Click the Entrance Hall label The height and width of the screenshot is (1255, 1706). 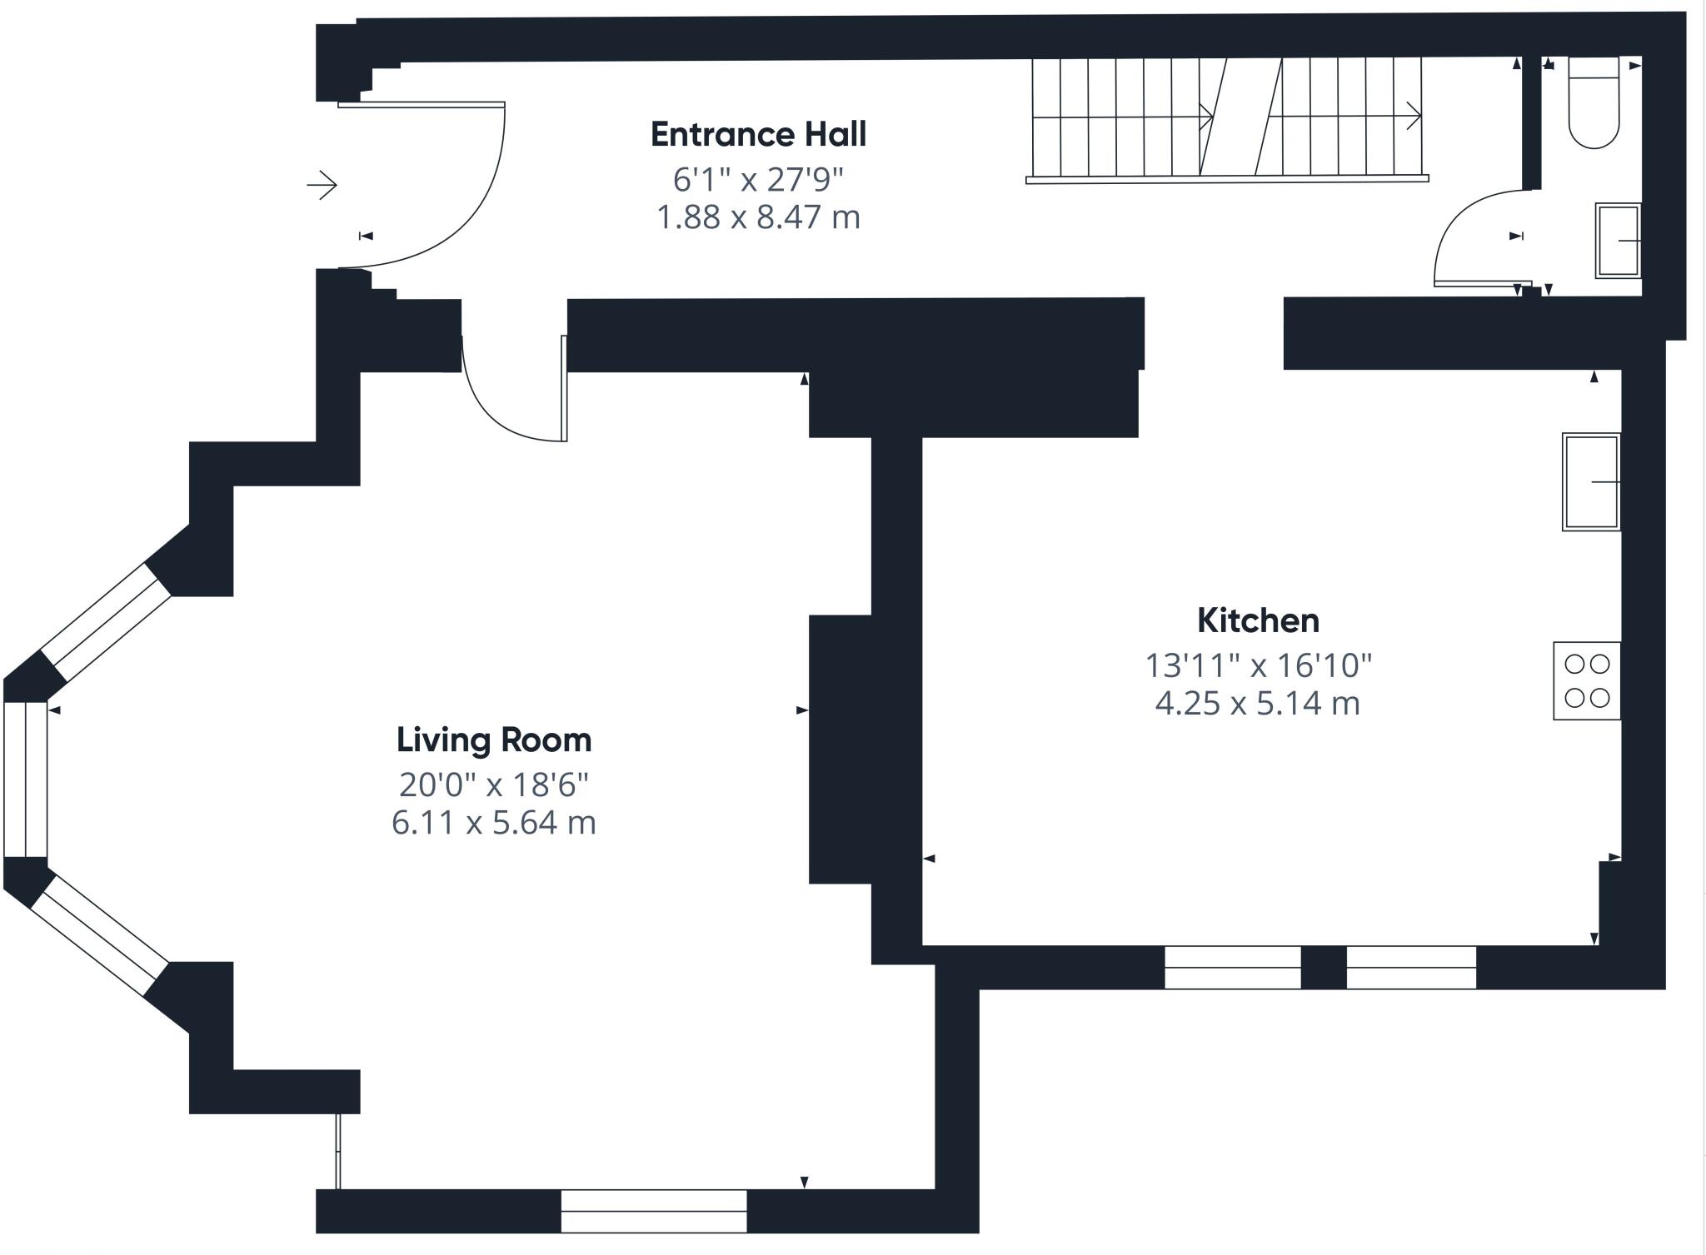point(758,134)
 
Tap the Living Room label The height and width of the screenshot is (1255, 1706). point(494,740)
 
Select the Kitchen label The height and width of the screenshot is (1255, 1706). point(1258,620)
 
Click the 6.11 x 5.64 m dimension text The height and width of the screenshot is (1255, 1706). point(494,823)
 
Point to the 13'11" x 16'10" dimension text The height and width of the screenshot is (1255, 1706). point(1258,665)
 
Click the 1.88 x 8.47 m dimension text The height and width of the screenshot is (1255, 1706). point(758,217)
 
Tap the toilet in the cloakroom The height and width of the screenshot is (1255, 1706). point(1594,102)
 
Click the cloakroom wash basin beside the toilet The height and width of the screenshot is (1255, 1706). point(1618,241)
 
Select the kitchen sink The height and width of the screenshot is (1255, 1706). point(1591,481)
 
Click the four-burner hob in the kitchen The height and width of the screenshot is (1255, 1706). point(1587,680)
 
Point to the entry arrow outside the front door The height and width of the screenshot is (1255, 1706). point(322,184)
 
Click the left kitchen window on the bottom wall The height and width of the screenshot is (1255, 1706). point(1232,967)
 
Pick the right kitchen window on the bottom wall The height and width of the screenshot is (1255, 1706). point(1411,967)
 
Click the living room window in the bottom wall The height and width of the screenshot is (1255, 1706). point(654,1211)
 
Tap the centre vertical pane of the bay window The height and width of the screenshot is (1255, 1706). point(26,779)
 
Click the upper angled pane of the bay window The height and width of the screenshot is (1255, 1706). point(106,622)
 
